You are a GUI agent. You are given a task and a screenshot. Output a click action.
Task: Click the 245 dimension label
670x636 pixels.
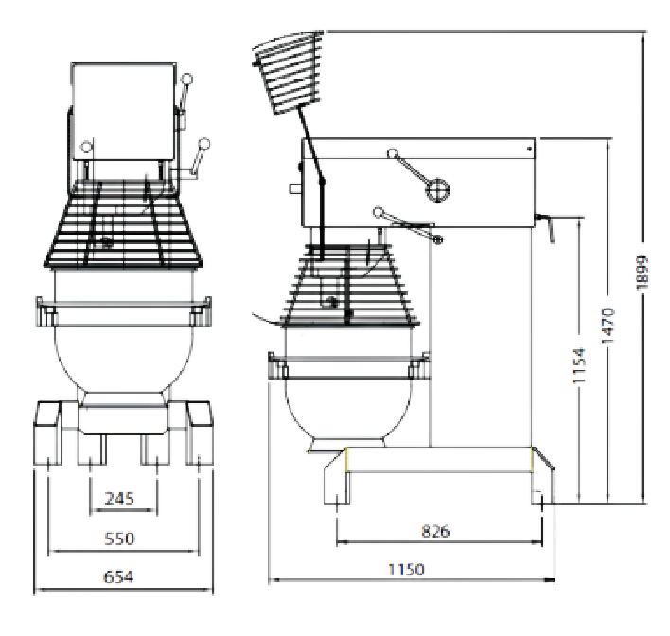[119, 499]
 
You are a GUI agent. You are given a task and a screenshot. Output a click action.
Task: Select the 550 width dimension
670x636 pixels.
[119, 539]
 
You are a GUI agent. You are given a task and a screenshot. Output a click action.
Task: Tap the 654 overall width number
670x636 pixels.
[118, 577]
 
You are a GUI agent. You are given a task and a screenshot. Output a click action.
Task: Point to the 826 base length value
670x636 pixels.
[435, 531]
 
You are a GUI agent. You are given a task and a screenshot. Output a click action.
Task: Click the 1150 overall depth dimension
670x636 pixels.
[406, 570]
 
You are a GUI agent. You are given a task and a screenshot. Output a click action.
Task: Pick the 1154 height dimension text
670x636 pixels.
[579, 366]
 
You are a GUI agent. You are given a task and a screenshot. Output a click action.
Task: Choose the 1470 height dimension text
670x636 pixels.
[608, 326]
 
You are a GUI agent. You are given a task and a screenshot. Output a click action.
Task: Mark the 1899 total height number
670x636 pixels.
[643, 273]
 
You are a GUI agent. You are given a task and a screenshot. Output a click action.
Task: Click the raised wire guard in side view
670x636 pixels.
[288, 72]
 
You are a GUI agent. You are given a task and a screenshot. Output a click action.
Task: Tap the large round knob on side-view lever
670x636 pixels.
[437, 190]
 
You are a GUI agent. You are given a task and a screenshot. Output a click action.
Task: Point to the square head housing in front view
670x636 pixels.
[123, 112]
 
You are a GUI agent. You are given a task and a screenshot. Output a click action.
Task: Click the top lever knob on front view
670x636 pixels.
[186, 79]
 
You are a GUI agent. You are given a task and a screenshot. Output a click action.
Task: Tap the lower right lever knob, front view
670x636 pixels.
[204, 144]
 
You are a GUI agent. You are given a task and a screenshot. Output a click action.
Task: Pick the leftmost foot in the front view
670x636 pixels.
[47, 433]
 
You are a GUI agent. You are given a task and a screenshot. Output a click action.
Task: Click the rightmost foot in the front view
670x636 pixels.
[199, 433]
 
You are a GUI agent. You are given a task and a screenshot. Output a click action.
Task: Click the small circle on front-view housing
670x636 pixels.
[87, 147]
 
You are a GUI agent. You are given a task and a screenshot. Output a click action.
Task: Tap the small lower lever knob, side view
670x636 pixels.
[437, 239]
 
